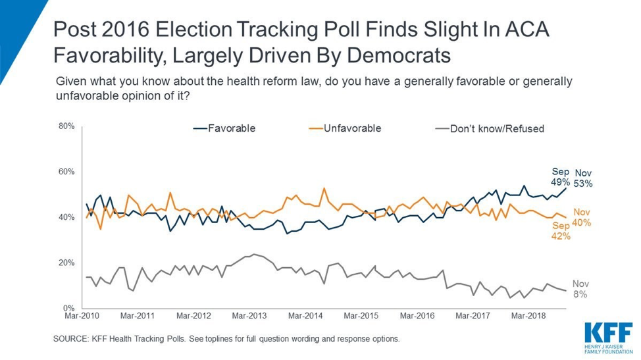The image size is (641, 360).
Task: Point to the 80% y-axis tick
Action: (66, 126)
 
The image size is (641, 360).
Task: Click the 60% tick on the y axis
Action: (66, 172)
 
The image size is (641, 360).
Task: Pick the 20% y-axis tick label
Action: (66, 263)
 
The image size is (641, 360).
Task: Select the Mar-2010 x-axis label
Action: (81, 316)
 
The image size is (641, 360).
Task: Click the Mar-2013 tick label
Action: (250, 316)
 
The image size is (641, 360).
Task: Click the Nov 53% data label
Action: (583, 178)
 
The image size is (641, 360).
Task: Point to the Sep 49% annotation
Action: (559, 176)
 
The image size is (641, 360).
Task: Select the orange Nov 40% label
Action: (582, 217)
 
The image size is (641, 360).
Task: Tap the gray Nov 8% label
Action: (580, 289)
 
